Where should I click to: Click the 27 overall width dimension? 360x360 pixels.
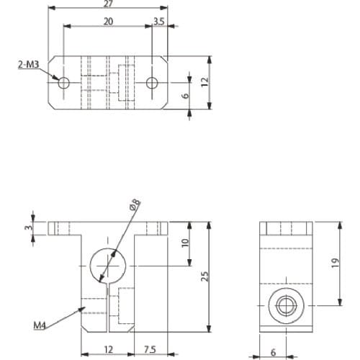click(x=108, y=4)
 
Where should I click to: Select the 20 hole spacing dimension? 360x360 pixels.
click(x=108, y=22)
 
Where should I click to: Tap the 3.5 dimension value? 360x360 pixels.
click(x=159, y=22)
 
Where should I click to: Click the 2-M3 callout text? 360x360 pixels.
click(x=28, y=64)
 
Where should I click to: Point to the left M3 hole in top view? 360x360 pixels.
click(x=63, y=83)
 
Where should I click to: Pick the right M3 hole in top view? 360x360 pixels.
click(x=152, y=83)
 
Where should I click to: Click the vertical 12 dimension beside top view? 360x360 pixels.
click(x=205, y=82)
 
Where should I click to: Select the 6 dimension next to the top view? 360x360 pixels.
click(x=186, y=96)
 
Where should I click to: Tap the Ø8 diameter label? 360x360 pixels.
click(x=135, y=204)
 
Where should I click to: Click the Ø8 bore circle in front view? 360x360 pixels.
click(x=108, y=248)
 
